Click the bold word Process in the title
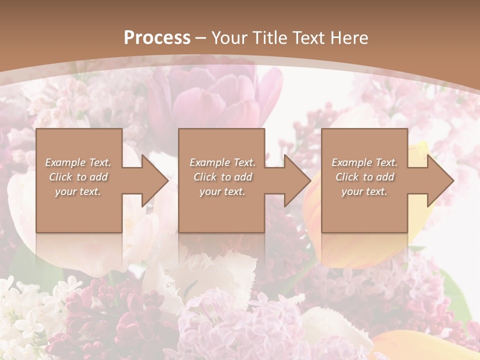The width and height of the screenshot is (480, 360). point(157,38)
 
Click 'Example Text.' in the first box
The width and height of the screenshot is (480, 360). point(78,162)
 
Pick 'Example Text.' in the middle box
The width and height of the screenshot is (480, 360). point(222,162)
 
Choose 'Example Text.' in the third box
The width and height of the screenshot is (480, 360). point(364,162)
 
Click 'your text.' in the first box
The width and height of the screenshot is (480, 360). point(78,191)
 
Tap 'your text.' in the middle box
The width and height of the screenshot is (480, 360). point(222,191)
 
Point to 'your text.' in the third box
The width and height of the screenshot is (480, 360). point(364,191)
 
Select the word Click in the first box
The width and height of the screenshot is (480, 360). point(60,177)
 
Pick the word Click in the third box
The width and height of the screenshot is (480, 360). point(347,177)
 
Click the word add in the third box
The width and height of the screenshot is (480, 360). point(385,177)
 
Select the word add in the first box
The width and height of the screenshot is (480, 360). point(99,177)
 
